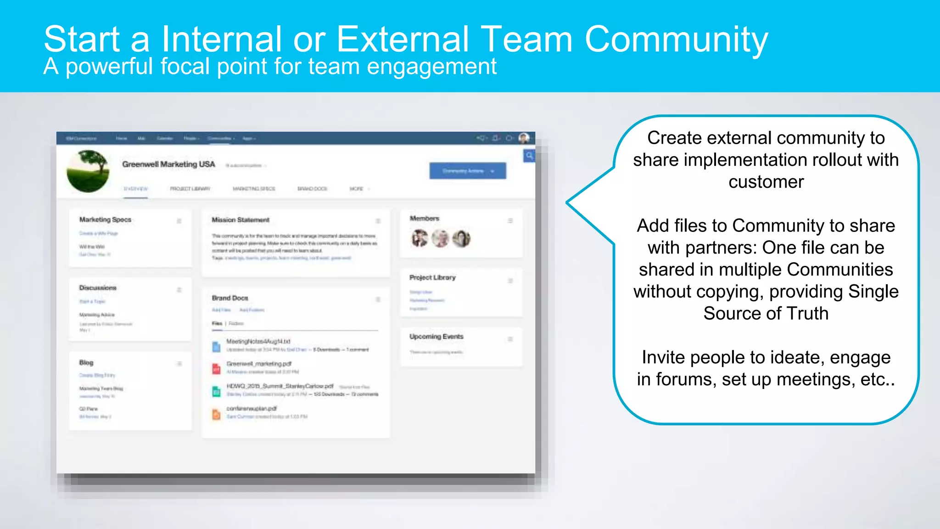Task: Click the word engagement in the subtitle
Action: (x=431, y=67)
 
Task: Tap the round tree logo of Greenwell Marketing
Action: (x=88, y=171)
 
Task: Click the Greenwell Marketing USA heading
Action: (x=168, y=164)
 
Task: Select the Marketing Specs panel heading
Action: (x=105, y=220)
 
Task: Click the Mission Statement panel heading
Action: (x=241, y=220)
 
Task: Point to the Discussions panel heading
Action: (x=98, y=288)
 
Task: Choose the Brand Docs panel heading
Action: (x=230, y=298)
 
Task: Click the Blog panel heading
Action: (x=86, y=363)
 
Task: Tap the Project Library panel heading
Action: (x=432, y=277)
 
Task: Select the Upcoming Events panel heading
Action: (x=436, y=337)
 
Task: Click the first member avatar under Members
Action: (x=420, y=238)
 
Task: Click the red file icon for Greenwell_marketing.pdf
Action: (x=216, y=368)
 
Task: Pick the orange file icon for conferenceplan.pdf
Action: (x=216, y=414)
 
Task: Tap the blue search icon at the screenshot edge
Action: (x=529, y=156)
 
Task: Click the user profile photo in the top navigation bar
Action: (x=524, y=138)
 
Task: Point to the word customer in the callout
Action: (x=766, y=182)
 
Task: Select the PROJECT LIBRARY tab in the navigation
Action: (x=190, y=189)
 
